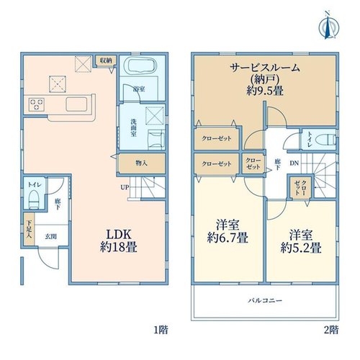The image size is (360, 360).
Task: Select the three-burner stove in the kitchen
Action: tap(37, 104)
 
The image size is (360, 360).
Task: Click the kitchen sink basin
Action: tap(76, 104)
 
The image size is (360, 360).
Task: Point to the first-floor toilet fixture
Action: tap(33, 199)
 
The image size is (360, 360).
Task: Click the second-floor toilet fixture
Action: tap(325, 140)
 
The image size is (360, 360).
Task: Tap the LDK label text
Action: tap(119, 235)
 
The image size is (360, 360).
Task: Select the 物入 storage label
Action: tap(141, 163)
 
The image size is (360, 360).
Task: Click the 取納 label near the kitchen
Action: tap(106, 60)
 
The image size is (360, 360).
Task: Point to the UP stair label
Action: tap(125, 187)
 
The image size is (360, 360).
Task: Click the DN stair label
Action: tap(294, 163)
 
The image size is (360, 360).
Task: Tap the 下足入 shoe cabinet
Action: tap(29, 229)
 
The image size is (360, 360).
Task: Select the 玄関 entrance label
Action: tap(51, 236)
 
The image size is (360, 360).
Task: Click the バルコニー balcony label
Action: tap(265, 300)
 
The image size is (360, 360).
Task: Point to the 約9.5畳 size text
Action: tap(265, 91)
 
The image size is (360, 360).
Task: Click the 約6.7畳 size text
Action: tap(228, 238)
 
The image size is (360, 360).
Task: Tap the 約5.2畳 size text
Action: tap(301, 248)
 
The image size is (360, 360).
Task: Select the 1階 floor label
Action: tap(161, 330)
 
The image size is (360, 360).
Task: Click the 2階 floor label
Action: tap(331, 330)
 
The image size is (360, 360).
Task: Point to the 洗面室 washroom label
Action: tap(134, 127)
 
